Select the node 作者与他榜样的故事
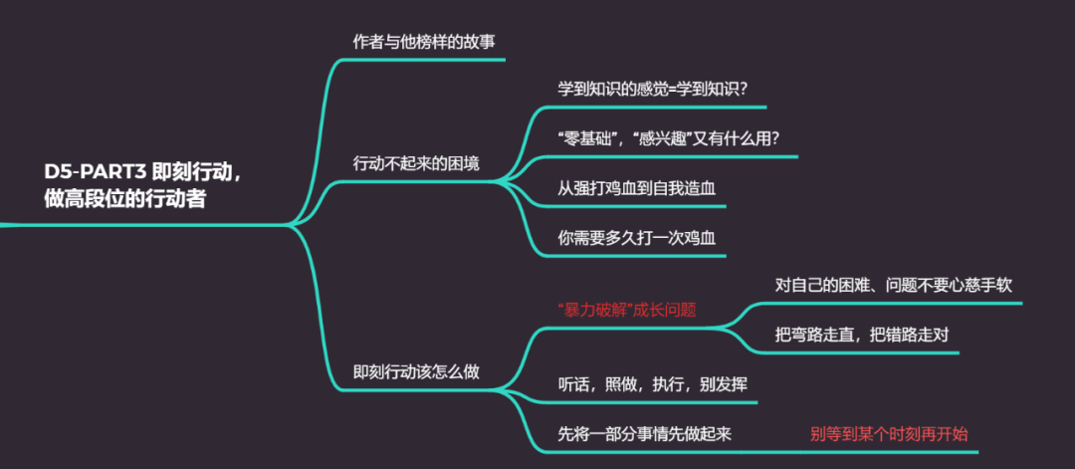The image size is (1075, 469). [x=424, y=42]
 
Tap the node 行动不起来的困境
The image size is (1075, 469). [x=417, y=162]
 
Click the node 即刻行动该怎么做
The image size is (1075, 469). [x=417, y=371]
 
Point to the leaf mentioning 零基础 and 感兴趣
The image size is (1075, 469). [x=666, y=138]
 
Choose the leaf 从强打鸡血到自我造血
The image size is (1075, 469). [x=628, y=187]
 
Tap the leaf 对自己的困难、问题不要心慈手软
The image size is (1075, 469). [x=894, y=285]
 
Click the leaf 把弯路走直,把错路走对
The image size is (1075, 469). [x=862, y=334]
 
